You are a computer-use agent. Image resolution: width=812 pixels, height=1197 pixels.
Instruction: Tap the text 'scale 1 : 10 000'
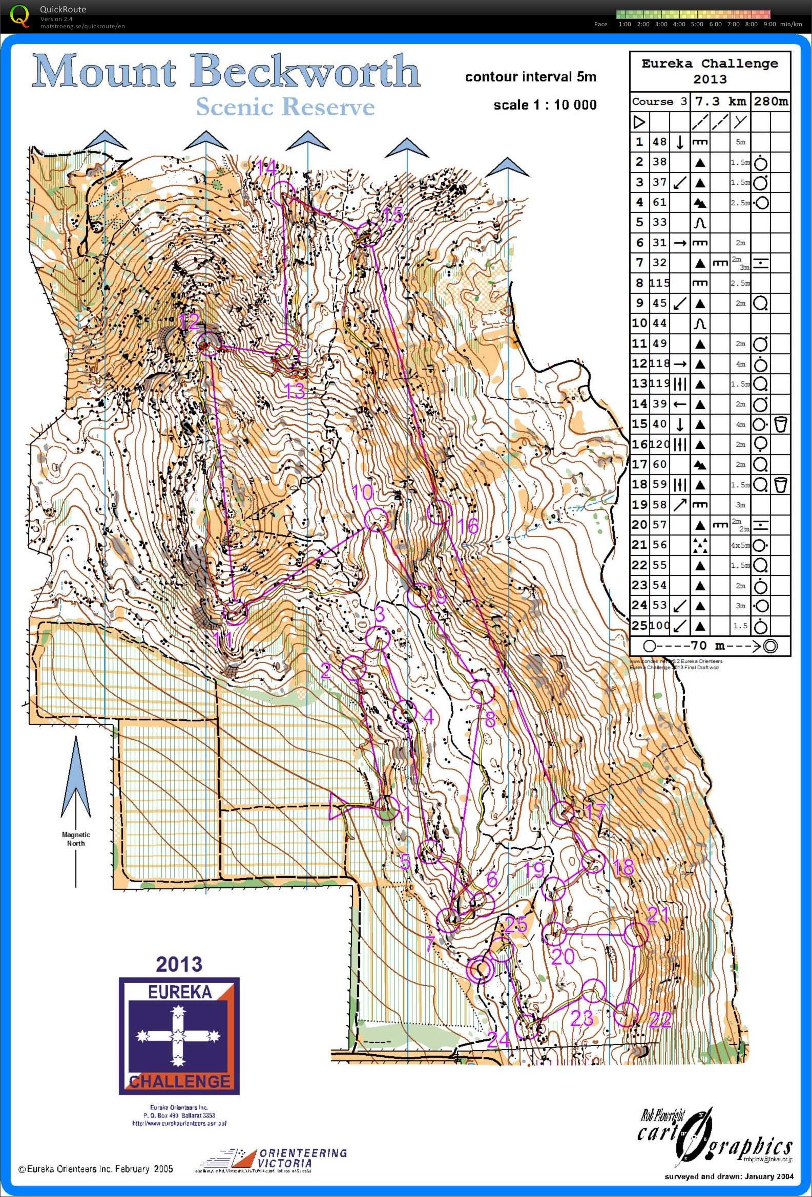(545, 105)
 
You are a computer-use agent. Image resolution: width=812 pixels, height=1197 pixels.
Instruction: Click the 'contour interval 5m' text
(530, 77)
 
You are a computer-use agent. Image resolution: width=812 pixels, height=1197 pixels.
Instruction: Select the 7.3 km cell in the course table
(720, 101)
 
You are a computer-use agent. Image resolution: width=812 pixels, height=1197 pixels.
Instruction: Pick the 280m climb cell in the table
(771, 101)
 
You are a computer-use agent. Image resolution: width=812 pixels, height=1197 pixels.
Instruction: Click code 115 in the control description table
(659, 283)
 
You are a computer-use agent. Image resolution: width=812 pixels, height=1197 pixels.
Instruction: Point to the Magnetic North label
(76, 839)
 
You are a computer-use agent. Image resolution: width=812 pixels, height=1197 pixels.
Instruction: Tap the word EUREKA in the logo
(179, 992)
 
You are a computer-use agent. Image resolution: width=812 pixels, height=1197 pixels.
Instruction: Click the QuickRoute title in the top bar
(63, 9)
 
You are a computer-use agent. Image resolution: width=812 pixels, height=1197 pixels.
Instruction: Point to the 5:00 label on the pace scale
(697, 24)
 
